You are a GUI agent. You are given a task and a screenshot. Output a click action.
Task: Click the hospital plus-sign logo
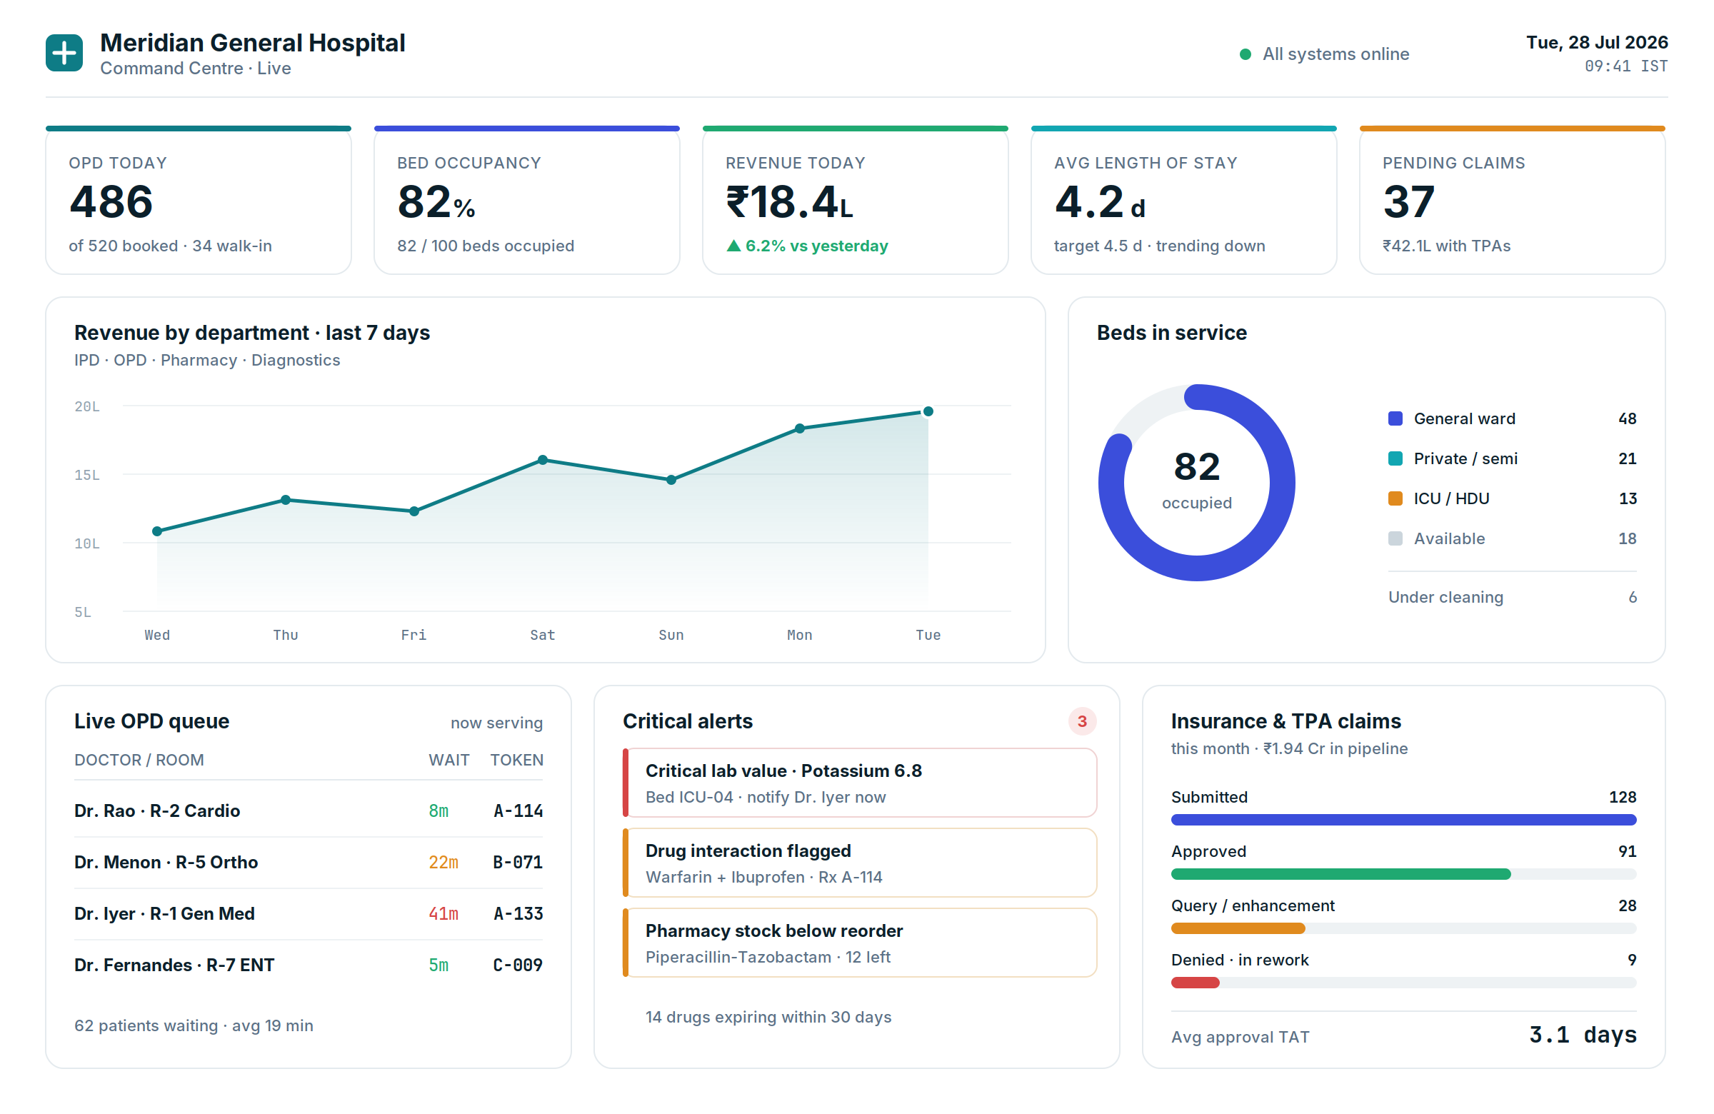point(64,54)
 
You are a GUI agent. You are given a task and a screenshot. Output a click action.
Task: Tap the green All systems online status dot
point(1246,54)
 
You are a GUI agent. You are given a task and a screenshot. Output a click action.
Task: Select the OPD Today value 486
point(111,201)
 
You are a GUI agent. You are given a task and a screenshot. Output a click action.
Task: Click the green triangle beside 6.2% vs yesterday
point(733,246)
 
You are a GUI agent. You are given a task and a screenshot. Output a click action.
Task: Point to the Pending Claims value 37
point(1408,201)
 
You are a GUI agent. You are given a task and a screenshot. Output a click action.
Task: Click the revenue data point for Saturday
point(543,460)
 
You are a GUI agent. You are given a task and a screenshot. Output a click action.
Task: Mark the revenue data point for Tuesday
point(928,412)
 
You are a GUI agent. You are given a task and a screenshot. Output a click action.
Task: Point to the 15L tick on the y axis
point(87,476)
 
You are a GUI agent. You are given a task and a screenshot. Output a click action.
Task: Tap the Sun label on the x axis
point(671,635)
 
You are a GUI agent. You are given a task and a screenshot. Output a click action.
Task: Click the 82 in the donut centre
point(1197,466)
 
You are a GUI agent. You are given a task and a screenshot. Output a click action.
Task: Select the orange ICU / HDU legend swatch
point(1395,498)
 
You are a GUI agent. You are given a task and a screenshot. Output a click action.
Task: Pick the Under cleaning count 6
point(1633,597)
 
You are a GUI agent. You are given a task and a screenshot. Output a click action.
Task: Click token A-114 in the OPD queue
point(518,811)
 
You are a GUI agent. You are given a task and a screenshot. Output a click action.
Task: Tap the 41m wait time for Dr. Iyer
point(443,914)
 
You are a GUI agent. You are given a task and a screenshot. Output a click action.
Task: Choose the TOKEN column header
point(517,760)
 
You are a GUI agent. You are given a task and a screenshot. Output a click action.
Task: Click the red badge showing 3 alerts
point(1082,721)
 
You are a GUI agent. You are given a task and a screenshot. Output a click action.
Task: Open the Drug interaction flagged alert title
point(748,851)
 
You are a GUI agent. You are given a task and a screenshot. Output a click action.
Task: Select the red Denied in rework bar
point(1196,983)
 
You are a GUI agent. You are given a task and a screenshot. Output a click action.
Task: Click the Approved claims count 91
point(1628,851)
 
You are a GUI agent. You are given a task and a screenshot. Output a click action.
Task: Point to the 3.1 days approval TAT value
point(1583,1035)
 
